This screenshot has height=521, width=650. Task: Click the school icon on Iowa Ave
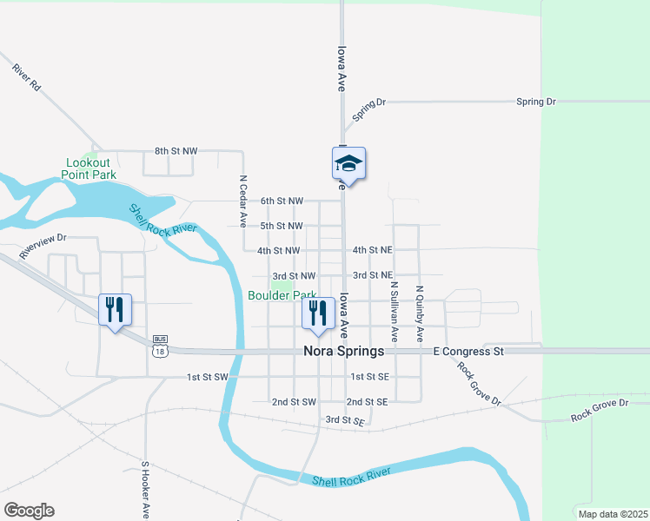(x=348, y=163)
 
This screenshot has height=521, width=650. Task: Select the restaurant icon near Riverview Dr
(x=115, y=308)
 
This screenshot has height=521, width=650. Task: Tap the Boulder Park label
(x=282, y=295)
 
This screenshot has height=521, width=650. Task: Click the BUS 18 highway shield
(x=159, y=347)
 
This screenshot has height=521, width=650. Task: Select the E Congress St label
(x=468, y=352)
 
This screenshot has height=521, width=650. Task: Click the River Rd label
(x=27, y=77)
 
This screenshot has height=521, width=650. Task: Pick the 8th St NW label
(x=176, y=151)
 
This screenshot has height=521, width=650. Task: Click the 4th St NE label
(x=373, y=250)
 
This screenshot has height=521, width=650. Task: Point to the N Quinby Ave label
(x=420, y=312)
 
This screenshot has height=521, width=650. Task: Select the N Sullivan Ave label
(x=394, y=308)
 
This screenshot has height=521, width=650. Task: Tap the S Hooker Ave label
(x=146, y=490)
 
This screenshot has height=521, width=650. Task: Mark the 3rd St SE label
(x=344, y=420)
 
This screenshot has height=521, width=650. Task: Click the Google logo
(x=29, y=511)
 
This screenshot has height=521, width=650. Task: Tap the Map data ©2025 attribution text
(x=611, y=514)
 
